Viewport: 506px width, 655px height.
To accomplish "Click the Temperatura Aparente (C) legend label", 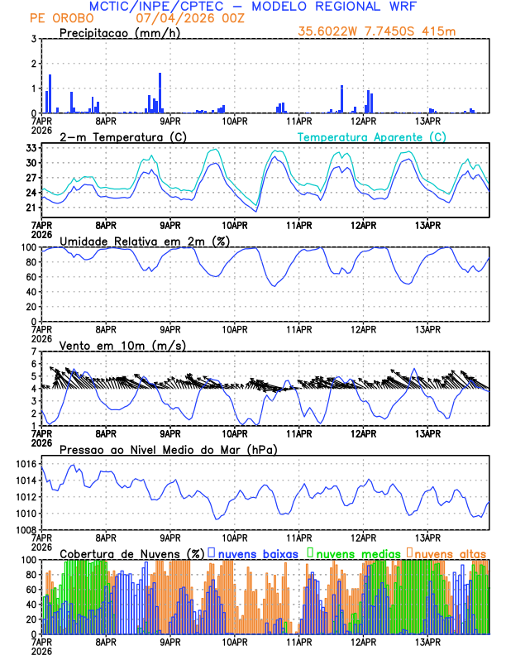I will pos(372,136).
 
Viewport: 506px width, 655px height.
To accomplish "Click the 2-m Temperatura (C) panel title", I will pos(121,136).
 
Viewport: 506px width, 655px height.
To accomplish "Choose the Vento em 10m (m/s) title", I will pos(122,345).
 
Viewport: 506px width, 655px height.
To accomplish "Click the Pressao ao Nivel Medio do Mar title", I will pos(169,449).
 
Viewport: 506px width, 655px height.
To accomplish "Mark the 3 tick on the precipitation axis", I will pos(32,39).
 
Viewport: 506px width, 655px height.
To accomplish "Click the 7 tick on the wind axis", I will pos(32,351).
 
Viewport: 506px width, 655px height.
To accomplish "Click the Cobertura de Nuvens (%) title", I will pos(132,552).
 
